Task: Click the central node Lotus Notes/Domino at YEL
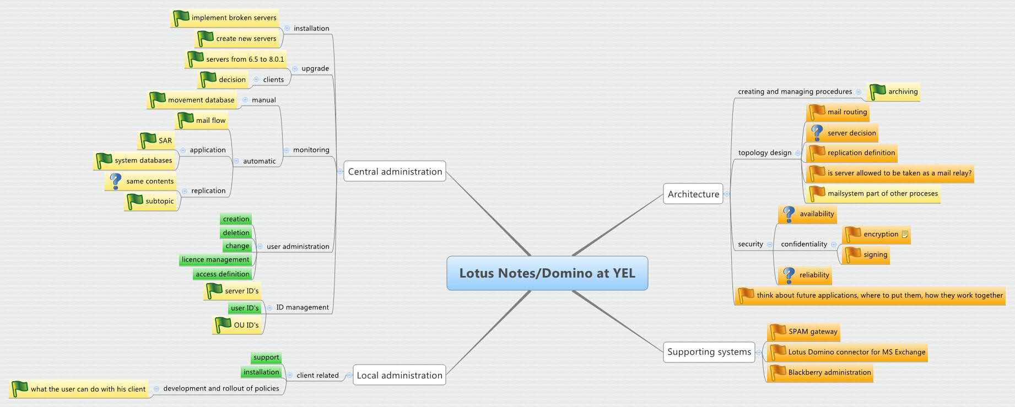(x=547, y=273)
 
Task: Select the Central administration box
(x=395, y=172)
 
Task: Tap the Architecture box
(x=693, y=194)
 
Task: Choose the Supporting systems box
(x=709, y=352)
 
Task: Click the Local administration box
(x=399, y=376)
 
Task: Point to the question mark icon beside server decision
(x=817, y=133)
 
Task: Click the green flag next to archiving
(x=877, y=91)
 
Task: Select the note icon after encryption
(x=905, y=235)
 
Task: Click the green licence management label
(x=215, y=260)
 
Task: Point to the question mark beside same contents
(x=116, y=181)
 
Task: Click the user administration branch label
(x=298, y=247)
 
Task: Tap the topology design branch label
(x=764, y=153)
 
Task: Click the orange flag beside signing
(x=853, y=254)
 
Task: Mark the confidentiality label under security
(x=803, y=245)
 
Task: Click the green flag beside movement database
(x=158, y=100)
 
